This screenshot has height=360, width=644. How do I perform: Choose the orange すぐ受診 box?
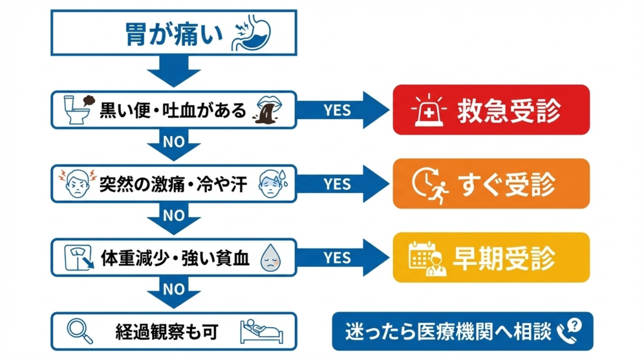pyautogui.click(x=491, y=184)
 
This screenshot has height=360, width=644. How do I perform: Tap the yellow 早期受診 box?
pyautogui.click(x=491, y=257)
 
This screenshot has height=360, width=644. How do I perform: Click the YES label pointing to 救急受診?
pyautogui.click(x=338, y=110)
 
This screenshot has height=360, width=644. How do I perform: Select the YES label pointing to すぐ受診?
pyautogui.click(x=338, y=184)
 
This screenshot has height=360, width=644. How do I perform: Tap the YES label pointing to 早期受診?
pyautogui.click(x=338, y=257)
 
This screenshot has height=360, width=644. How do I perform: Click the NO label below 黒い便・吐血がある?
pyautogui.click(x=174, y=142)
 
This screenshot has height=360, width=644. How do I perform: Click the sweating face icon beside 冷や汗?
pyautogui.click(x=272, y=183)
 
